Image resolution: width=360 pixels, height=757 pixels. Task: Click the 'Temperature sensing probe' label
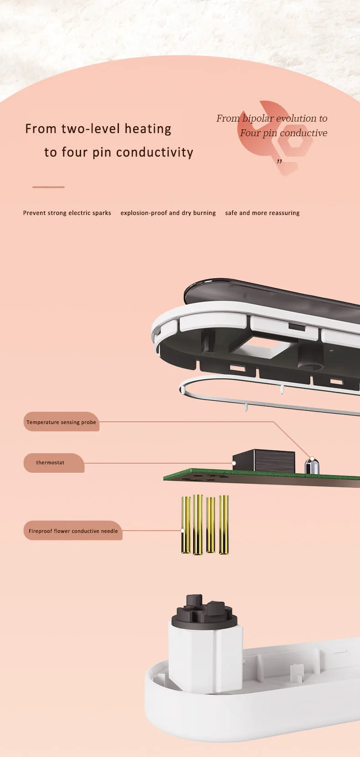pos(61,422)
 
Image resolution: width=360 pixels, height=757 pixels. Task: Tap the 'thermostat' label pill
pos(54,463)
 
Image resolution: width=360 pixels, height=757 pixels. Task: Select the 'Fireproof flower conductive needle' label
pos(73,531)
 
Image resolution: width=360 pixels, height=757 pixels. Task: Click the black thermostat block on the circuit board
pos(264,461)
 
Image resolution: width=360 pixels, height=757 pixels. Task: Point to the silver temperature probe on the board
pos(311,466)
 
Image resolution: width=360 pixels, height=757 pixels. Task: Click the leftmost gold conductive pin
pos(186,525)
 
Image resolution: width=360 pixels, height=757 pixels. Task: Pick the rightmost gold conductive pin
pos(224,525)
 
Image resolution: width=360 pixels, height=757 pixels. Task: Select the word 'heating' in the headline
pos(148,129)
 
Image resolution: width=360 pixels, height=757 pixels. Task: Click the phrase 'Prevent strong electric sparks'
pos(67,213)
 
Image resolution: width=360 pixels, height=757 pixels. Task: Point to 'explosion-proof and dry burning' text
pos(168,213)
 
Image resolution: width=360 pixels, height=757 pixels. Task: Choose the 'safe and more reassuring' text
pos(262,213)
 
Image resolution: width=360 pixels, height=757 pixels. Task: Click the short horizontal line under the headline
pos(48,187)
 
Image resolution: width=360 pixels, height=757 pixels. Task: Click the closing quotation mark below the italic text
pos(279,161)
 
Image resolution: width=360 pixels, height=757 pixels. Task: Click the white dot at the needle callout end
pos(183,531)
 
